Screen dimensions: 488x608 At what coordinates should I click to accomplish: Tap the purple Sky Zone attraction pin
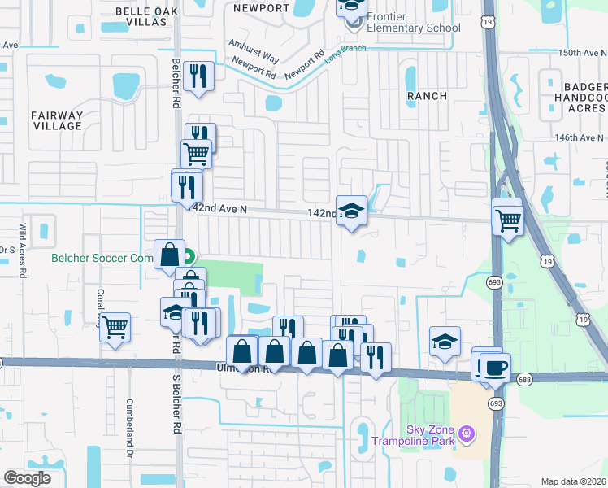(x=466, y=432)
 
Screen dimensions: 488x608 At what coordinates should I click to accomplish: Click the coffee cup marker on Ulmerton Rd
(x=495, y=367)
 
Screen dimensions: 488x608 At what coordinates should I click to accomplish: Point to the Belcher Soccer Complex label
(x=102, y=259)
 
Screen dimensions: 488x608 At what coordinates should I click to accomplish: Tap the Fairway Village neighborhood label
(x=57, y=120)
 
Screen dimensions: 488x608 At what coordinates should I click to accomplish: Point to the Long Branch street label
(x=345, y=54)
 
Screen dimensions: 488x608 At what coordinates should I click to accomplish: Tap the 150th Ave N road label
(x=581, y=53)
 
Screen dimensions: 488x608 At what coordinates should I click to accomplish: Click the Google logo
(x=27, y=478)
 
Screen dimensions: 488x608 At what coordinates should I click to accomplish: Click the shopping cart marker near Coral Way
(x=115, y=327)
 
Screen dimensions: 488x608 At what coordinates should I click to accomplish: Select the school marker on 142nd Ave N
(x=351, y=210)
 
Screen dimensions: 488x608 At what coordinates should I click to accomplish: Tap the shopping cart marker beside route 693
(x=508, y=218)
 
